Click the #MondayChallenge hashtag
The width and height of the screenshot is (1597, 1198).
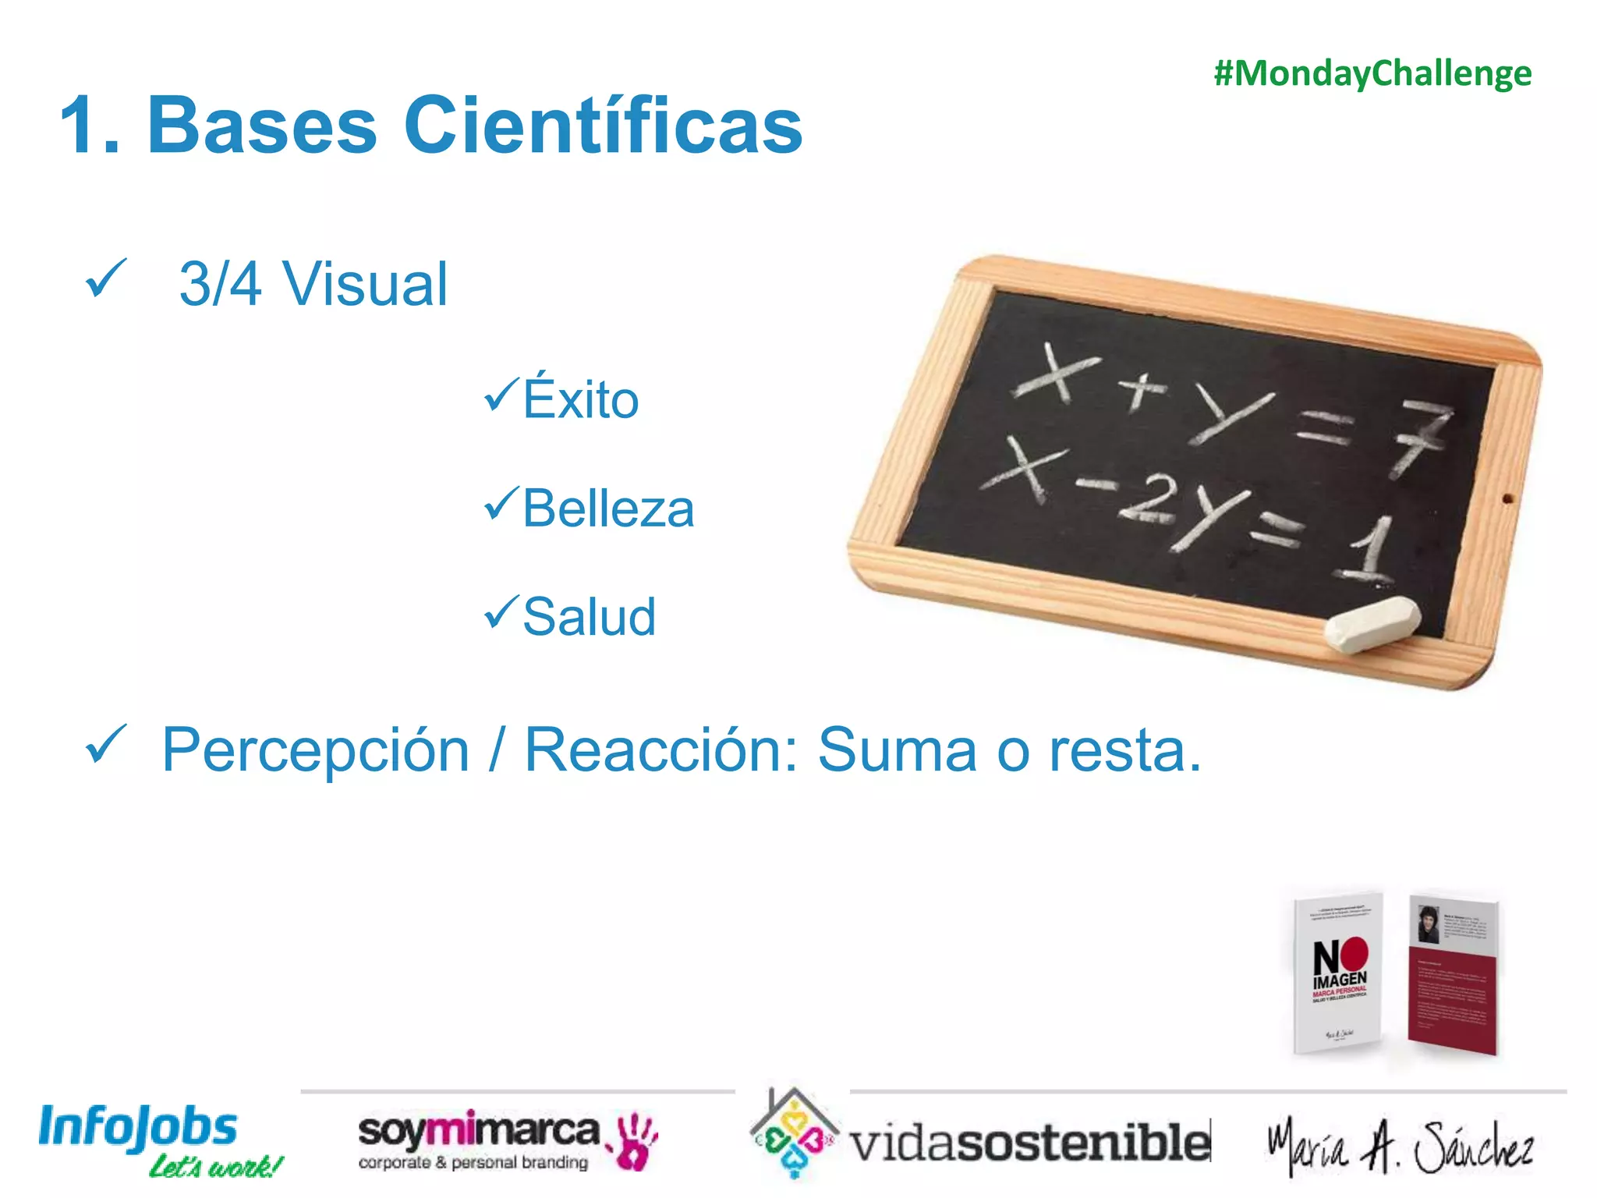click(1372, 74)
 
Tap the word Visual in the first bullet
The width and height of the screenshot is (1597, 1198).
click(365, 284)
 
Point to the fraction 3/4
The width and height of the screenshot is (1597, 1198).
click(220, 284)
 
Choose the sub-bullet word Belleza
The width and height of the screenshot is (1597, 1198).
click(608, 509)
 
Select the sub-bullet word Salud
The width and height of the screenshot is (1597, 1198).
click(589, 617)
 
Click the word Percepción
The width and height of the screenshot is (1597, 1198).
click(316, 750)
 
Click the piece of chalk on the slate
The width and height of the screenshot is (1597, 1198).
click(1372, 623)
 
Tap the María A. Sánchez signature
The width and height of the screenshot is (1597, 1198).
click(1400, 1145)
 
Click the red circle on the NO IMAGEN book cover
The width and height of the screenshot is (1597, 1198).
click(1355, 953)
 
